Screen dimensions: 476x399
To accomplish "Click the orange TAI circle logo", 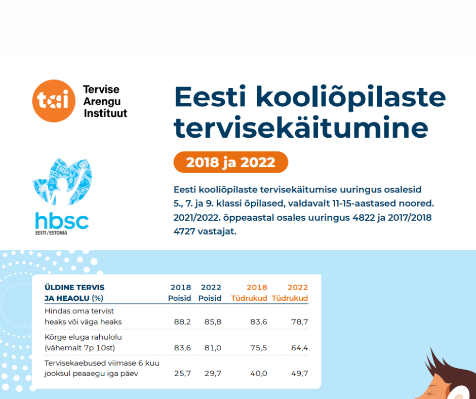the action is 54,101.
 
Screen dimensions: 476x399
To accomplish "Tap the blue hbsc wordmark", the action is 62,221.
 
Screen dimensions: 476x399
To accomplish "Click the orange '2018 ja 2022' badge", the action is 231,162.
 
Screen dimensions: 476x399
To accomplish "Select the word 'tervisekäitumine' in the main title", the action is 301,128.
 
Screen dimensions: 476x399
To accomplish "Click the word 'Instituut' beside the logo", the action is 105,113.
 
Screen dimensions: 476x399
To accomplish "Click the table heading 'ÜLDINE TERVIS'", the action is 74,287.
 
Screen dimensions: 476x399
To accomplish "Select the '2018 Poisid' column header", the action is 180,293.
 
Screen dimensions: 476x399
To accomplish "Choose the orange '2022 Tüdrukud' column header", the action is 290,293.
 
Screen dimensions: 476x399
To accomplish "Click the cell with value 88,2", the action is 182,322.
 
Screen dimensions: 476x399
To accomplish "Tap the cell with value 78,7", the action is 300,322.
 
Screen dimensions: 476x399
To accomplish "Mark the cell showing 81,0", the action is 213,348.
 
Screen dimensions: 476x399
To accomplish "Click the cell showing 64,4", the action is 300,348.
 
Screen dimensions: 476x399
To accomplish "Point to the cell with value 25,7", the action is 182,374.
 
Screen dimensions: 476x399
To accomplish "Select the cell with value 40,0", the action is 259,374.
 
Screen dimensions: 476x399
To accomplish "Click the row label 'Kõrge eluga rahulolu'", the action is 83,337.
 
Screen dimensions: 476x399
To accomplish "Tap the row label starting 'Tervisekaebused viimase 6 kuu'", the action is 102,363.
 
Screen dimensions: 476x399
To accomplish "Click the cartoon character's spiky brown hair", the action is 446,369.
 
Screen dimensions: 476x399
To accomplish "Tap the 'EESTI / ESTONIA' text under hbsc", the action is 51,233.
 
